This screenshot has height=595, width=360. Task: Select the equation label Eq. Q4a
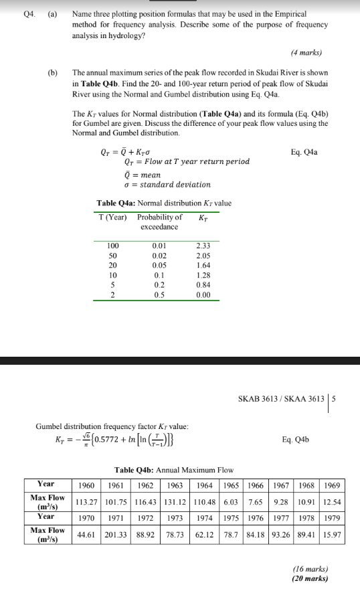[304, 152]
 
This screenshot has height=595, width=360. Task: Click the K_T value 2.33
[203, 246]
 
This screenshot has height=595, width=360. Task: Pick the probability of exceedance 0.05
[159, 265]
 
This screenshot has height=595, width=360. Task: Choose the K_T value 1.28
[203, 274]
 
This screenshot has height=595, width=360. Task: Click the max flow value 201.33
[116, 535]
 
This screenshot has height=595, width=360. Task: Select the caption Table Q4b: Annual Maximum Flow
[175, 470]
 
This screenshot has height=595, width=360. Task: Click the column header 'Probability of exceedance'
[159, 222]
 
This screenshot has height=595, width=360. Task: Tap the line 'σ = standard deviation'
[167, 185]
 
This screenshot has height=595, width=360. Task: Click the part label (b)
[52, 72]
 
